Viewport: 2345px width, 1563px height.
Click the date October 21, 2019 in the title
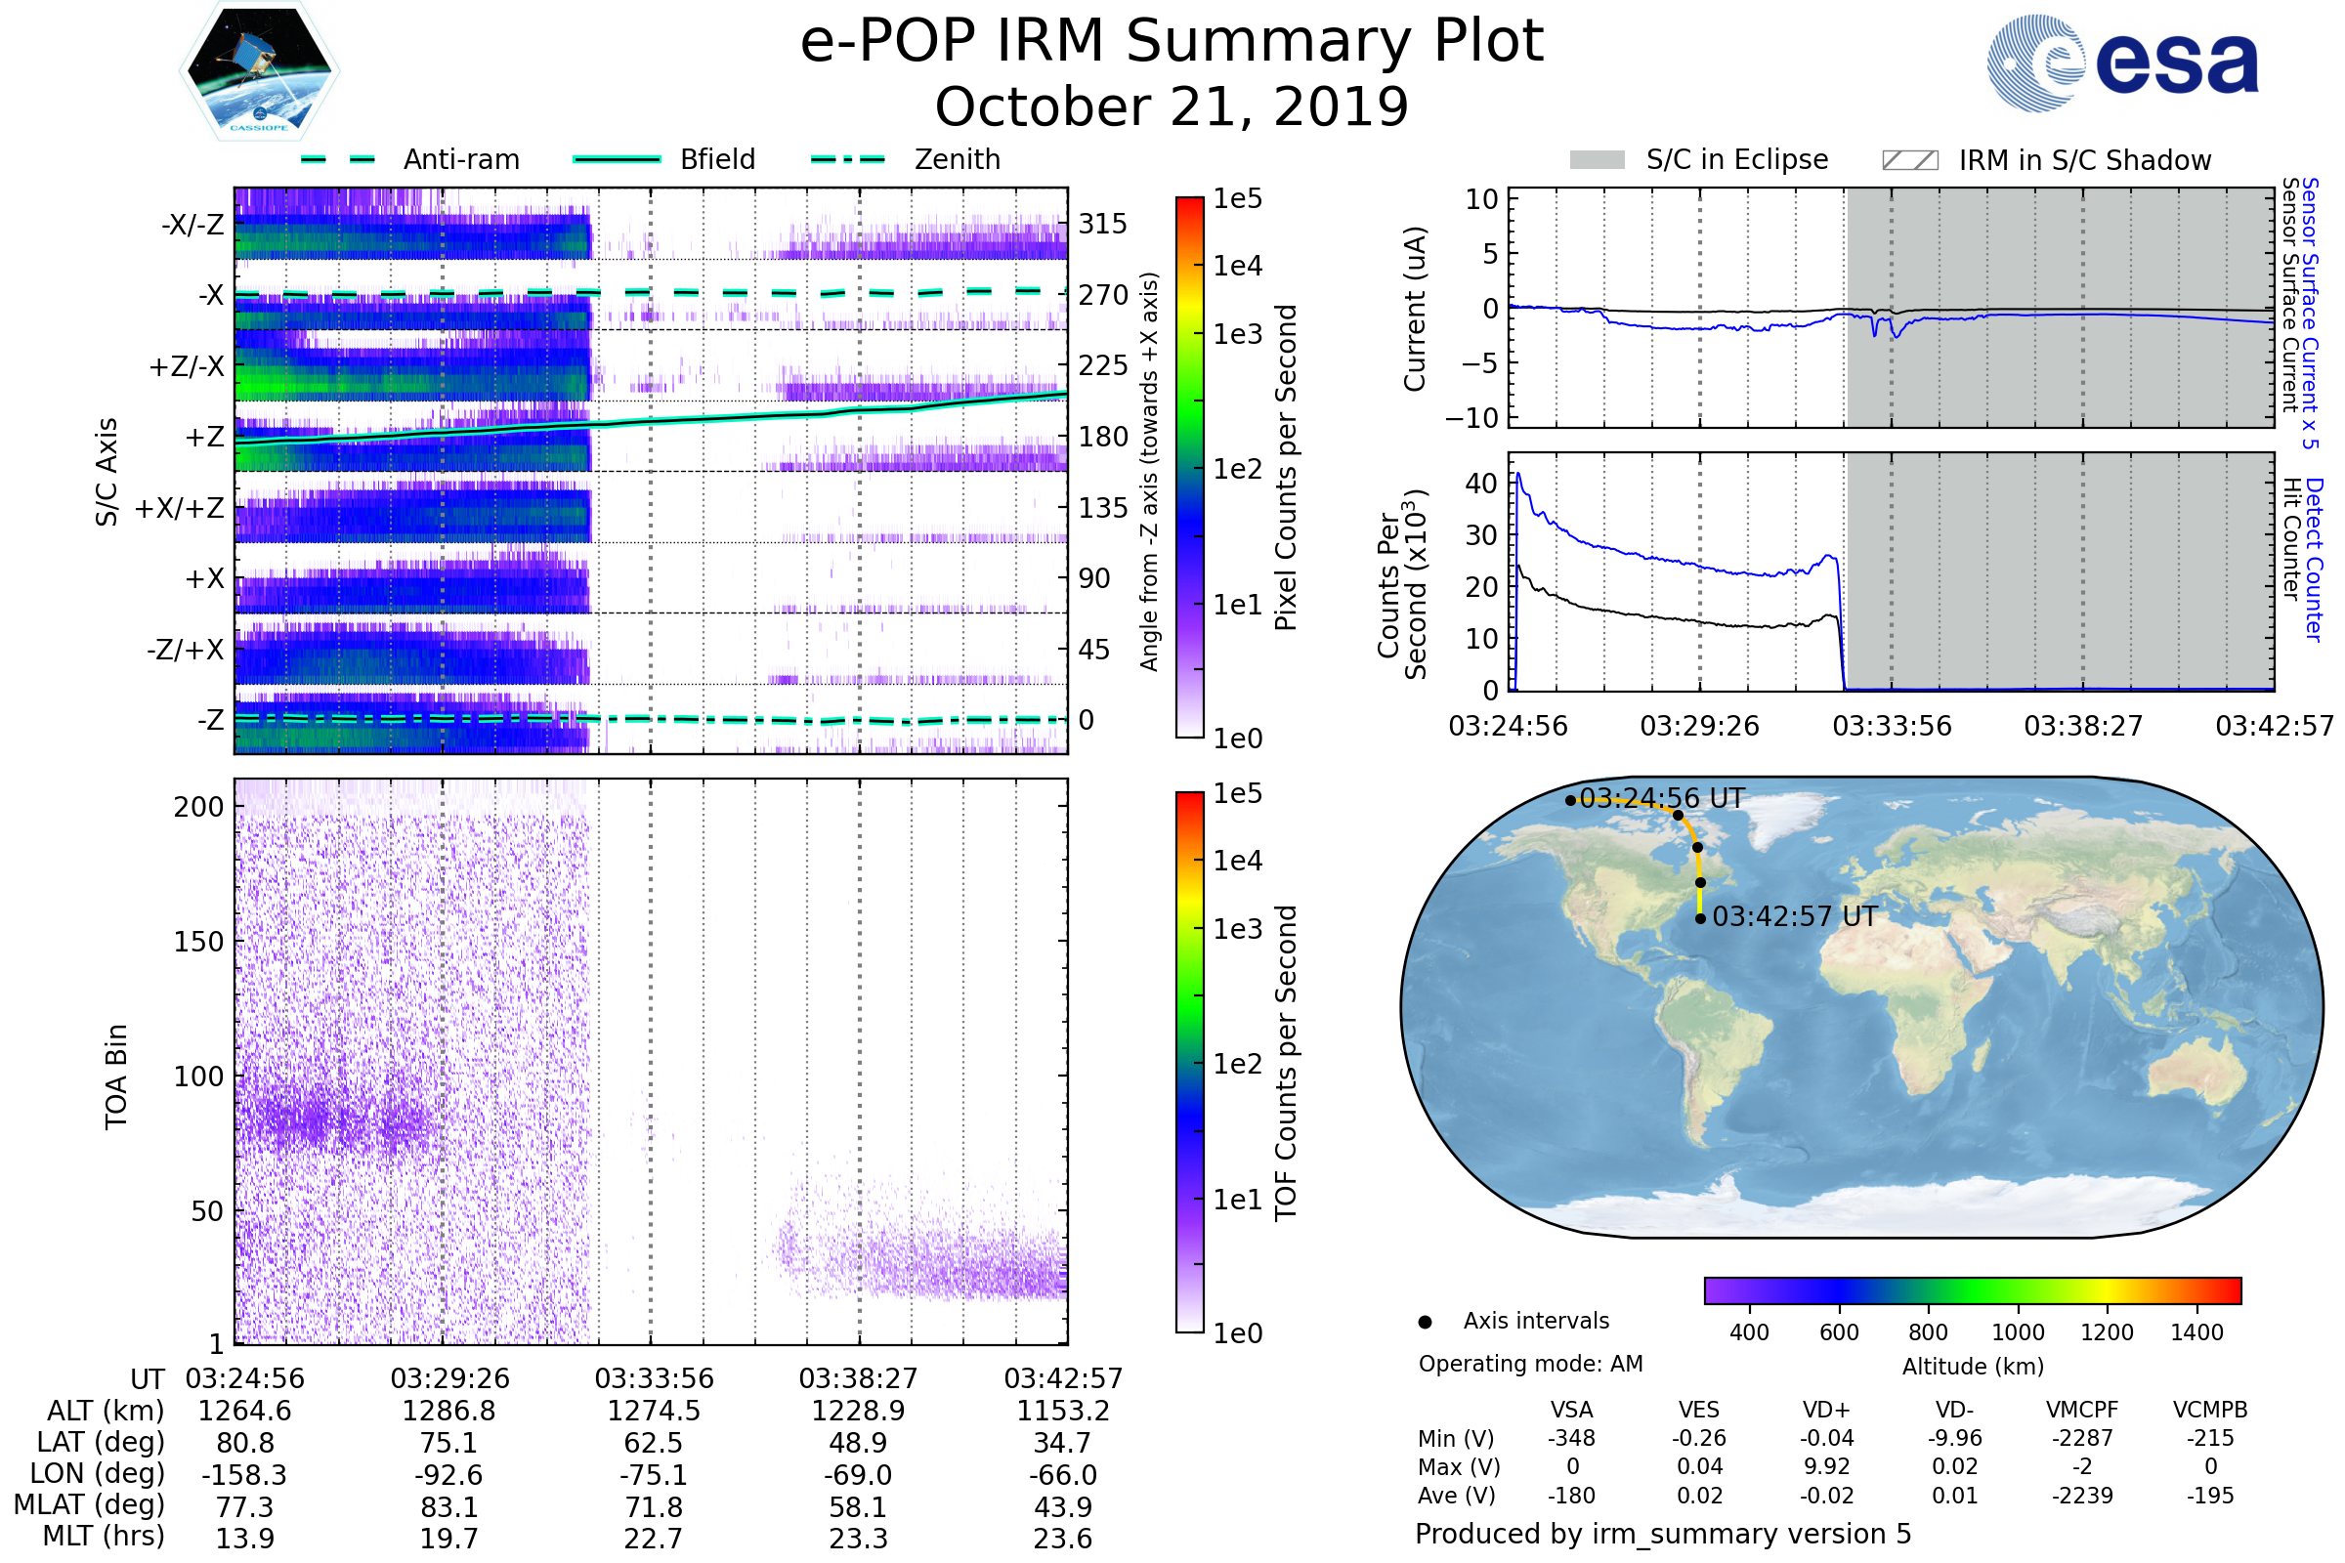1172,106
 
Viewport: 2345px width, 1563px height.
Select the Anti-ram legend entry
460,159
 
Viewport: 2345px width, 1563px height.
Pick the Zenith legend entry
957,159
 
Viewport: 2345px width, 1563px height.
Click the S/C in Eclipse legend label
1736,159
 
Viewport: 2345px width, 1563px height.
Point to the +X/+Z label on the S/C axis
180,508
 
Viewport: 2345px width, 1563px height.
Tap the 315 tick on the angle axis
1102,224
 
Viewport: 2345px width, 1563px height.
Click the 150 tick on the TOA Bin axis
198,942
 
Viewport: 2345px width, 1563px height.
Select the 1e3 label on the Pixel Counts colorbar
1237,334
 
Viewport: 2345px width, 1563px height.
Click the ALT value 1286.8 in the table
448,1411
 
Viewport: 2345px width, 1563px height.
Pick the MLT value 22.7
653,1538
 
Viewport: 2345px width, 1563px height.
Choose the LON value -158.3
244,1474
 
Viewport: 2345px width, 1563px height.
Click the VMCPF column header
2082,1410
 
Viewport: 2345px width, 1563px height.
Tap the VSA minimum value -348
1571,1438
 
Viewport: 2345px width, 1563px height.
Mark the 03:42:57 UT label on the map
1794,916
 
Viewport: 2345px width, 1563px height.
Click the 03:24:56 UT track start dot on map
1570,800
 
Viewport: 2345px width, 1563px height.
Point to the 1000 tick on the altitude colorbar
2017,1332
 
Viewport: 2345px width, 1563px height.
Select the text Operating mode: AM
1530,1364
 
